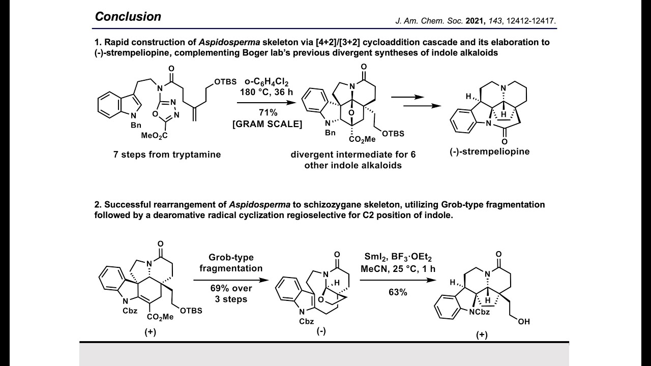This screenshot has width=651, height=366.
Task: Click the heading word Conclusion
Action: coord(128,17)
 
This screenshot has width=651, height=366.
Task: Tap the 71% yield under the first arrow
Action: coord(268,112)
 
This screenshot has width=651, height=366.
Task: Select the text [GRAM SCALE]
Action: coord(268,124)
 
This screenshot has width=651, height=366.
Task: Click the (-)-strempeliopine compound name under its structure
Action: coord(490,151)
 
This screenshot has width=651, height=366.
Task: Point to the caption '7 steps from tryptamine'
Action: coord(167,155)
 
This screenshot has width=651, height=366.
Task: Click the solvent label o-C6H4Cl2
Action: coord(267,82)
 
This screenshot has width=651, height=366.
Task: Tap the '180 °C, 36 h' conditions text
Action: coord(267,93)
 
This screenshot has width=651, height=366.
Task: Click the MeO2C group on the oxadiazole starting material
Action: coord(154,135)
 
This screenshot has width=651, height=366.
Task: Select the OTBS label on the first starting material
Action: coord(225,82)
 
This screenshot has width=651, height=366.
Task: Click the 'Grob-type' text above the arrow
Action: coord(231,257)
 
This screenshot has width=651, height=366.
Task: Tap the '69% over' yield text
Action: coord(231,288)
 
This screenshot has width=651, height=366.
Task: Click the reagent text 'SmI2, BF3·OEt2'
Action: coord(398,257)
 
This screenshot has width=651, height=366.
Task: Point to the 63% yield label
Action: coord(398,292)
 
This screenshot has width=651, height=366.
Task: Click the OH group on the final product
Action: coord(524,322)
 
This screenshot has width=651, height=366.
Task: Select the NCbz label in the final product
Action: coord(480,312)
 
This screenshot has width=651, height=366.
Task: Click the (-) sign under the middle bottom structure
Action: coord(321,331)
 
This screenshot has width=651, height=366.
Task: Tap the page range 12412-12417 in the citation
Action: coord(530,21)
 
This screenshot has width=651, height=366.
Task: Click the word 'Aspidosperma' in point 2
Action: coord(259,205)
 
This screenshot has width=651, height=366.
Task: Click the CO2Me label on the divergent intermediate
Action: coord(362,140)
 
